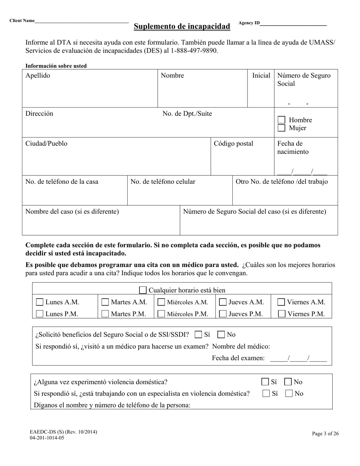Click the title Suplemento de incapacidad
(182, 26)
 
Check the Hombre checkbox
(281, 120)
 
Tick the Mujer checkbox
(281, 128)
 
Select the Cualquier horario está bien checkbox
(143, 290)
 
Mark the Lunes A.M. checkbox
(39, 302)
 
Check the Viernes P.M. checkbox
(281, 314)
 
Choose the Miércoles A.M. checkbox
(161, 302)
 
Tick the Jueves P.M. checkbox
(223, 314)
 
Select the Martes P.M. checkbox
(105, 314)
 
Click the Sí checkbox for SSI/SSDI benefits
(198, 335)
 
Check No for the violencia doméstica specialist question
(289, 394)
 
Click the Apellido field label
(38, 75)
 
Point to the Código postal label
(233, 144)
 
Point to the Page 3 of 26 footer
(325, 434)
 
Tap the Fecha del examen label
(238, 358)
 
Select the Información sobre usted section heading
(56, 66)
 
